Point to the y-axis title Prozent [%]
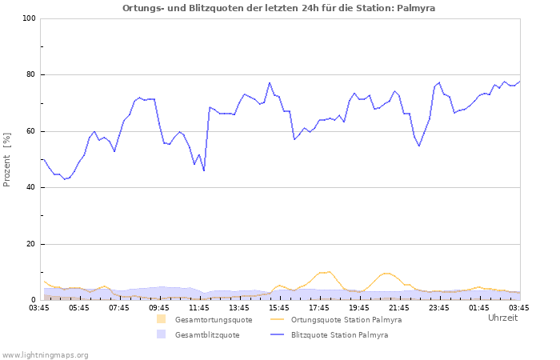(x=7, y=159)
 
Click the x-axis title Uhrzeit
(x=502, y=318)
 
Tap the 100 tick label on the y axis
(x=29, y=18)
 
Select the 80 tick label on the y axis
(x=31, y=75)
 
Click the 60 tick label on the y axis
(x=31, y=131)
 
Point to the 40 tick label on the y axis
(x=31, y=188)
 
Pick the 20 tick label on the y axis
(x=31, y=244)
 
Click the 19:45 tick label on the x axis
(x=359, y=307)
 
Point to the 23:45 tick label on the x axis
(x=439, y=307)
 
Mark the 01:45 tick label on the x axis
(x=479, y=307)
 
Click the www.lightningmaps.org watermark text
(x=45, y=354)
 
